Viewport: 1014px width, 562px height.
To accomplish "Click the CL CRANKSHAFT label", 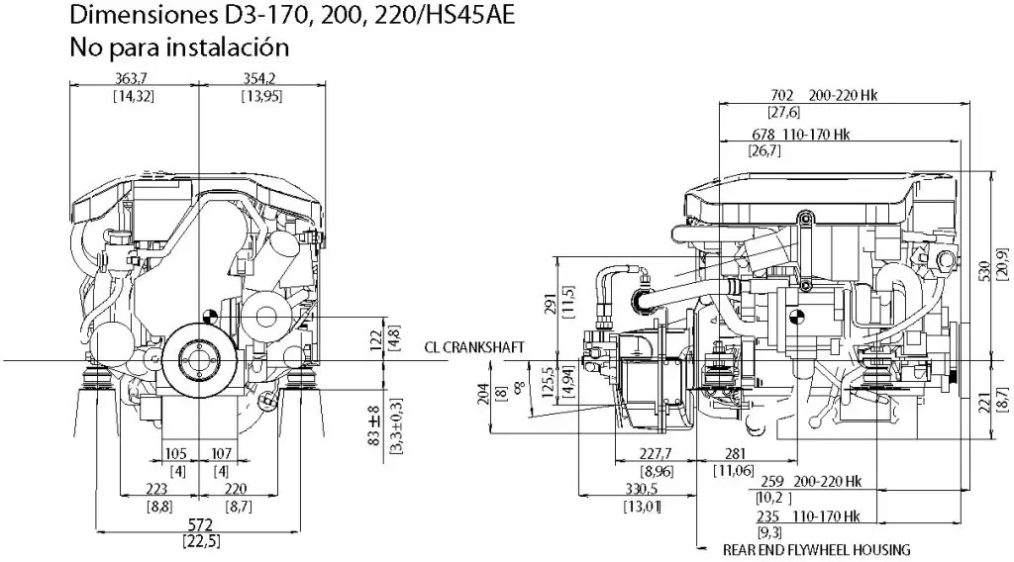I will click(x=472, y=347).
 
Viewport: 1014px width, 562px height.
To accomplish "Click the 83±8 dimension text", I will click(x=373, y=422).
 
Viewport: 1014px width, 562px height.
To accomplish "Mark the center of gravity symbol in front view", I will click(x=209, y=318).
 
